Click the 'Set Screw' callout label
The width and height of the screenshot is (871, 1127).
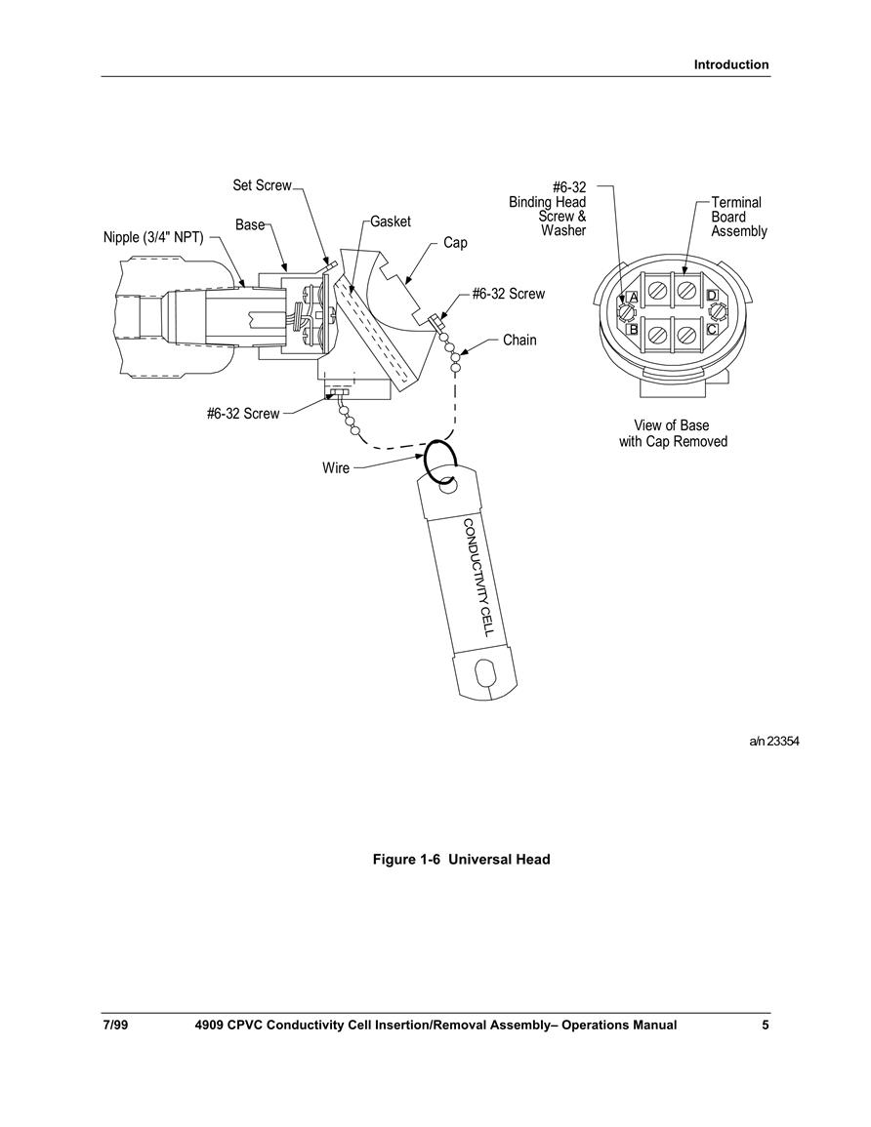click(262, 185)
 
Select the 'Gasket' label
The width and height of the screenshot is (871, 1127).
click(391, 221)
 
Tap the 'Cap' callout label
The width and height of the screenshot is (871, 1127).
click(455, 243)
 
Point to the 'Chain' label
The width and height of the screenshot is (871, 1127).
click(519, 340)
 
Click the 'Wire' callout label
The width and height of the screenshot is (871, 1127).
click(336, 468)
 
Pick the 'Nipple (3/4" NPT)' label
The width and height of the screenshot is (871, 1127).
click(153, 237)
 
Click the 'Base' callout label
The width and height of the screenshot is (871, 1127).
click(250, 225)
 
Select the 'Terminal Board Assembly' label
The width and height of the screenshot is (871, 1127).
click(738, 217)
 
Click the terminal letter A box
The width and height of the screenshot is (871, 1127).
click(633, 297)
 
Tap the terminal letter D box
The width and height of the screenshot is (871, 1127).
click(712, 296)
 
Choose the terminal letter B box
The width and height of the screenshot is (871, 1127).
click(633, 330)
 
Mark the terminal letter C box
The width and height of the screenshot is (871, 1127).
click(711, 329)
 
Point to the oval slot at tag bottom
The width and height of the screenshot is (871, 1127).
click(484, 675)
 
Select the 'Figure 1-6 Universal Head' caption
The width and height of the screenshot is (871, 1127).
click(461, 860)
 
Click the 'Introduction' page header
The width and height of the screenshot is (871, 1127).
click(731, 64)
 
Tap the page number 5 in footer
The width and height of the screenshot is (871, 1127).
click(766, 1025)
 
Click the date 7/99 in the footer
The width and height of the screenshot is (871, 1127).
click(115, 1025)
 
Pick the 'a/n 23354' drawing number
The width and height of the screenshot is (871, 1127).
click(774, 741)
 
